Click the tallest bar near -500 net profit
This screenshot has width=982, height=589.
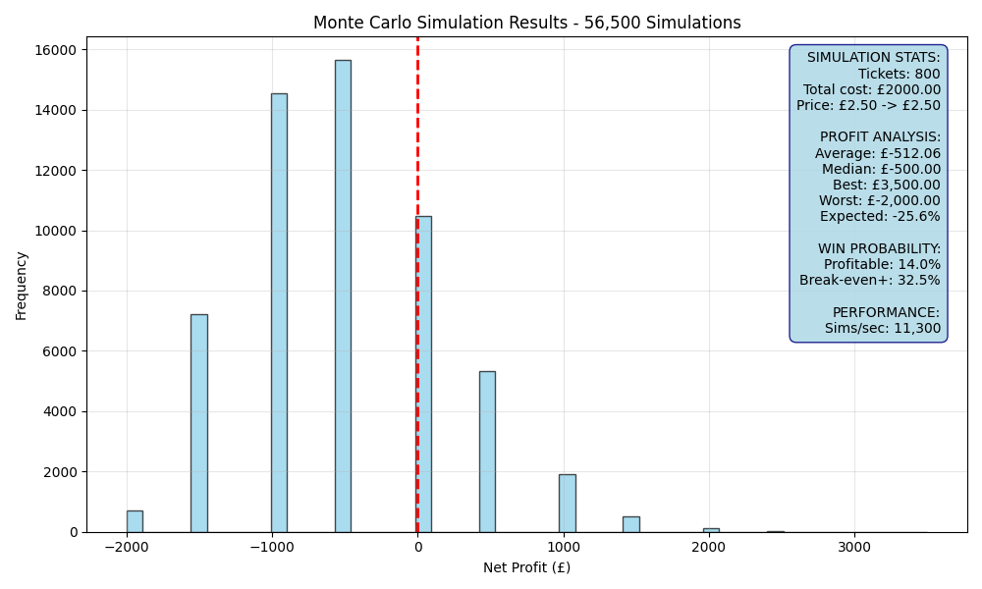[x=343, y=296]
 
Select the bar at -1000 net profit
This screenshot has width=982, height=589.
[x=279, y=313]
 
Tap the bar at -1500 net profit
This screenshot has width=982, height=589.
[x=199, y=423]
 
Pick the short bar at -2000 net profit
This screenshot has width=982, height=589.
[x=135, y=521]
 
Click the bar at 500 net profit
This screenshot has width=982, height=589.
[x=487, y=452]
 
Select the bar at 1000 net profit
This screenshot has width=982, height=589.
[x=568, y=504]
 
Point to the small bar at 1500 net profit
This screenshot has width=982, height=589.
[x=631, y=524]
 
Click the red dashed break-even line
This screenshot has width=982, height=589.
[x=417, y=285]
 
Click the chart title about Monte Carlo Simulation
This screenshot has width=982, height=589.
[x=526, y=23]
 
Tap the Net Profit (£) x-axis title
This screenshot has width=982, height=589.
[x=526, y=567]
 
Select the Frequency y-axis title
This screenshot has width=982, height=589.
[x=22, y=286]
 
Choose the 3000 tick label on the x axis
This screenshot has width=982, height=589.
[x=855, y=548]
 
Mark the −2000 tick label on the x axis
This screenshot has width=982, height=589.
[x=127, y=548]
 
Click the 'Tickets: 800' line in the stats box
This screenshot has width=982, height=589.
[x=899, y=74]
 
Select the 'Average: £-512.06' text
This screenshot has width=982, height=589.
[x=877, y=153]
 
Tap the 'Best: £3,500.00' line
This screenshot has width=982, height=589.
[x=886, y=185]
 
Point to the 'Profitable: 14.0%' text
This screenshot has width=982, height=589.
[x=882, y=264]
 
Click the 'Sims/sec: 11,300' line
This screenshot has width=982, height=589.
[x=883, y=328]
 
